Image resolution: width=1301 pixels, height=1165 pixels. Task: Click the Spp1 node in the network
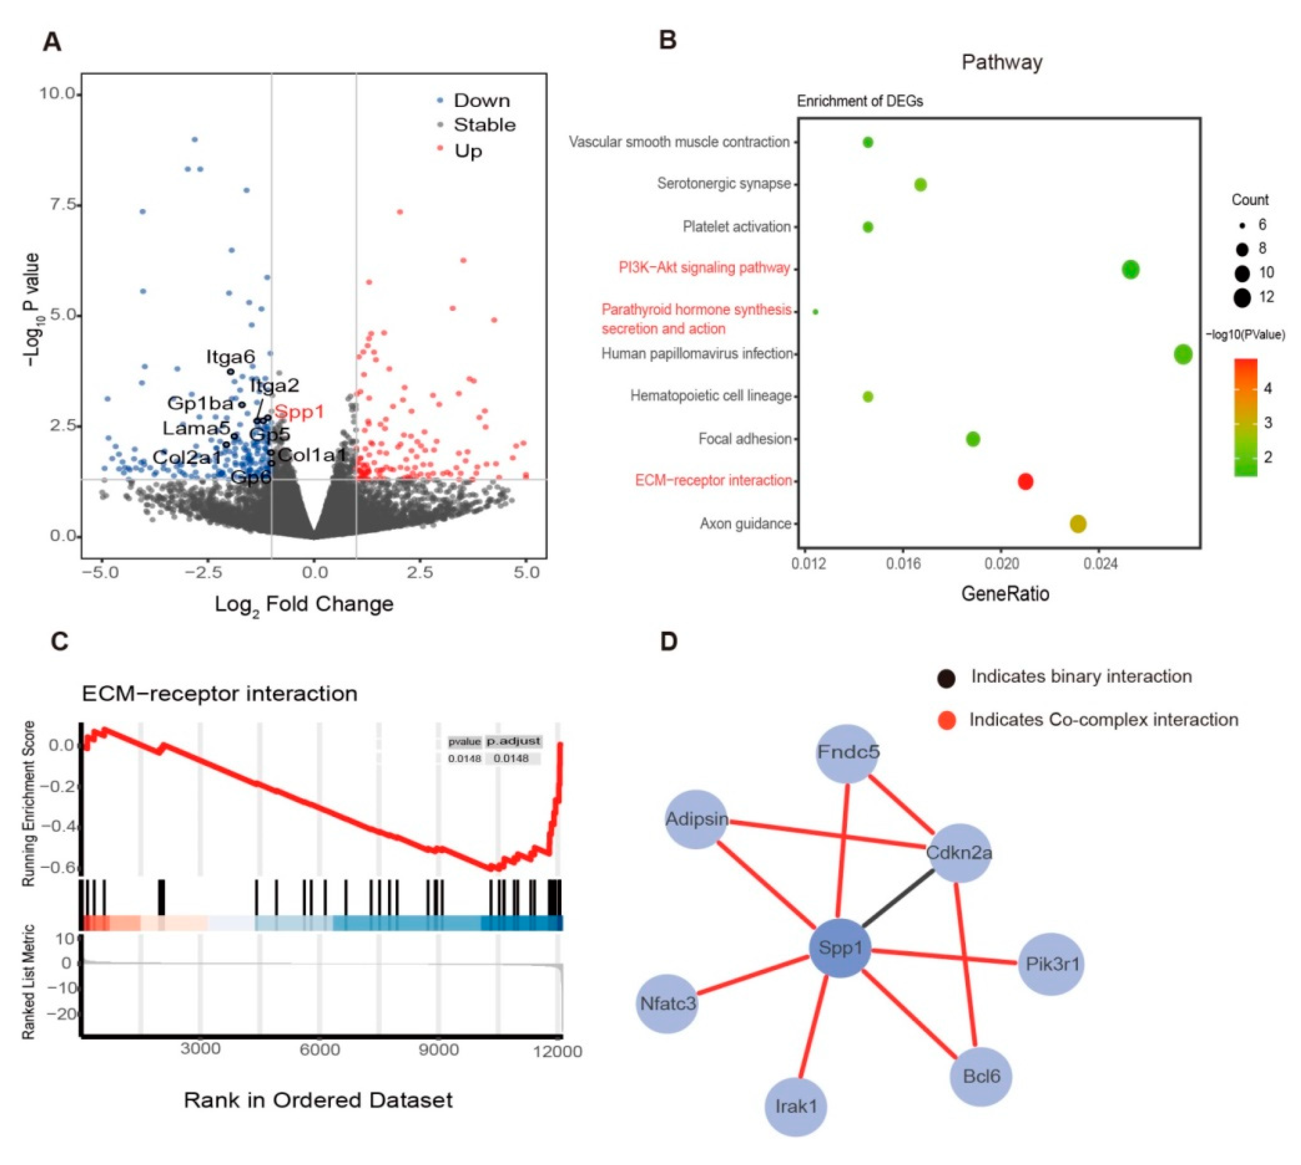point(840,948)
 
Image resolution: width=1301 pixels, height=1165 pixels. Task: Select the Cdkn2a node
point(958,853)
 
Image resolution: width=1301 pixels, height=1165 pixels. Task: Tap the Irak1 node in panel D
point(796,1106)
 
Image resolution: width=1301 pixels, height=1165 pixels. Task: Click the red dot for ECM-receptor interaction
point(1025,481)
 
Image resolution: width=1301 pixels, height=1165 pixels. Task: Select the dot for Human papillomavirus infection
point(1183,354)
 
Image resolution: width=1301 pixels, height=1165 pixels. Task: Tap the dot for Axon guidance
point(1078,523)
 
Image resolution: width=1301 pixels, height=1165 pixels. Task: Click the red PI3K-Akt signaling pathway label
point(704,267)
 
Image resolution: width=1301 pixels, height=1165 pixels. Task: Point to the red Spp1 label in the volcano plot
point(300,412)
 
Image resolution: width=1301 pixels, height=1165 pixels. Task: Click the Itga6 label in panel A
point(230,357)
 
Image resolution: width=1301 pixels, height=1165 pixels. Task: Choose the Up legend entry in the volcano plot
point(468,151)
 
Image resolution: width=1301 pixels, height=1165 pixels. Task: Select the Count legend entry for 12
point(1242,297)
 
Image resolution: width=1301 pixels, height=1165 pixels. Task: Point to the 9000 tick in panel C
point(439,1050)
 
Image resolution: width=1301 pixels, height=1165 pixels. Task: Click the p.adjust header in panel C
point(513,741)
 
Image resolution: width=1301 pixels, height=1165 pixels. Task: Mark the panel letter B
point(668,40)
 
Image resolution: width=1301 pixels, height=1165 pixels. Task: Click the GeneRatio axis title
point(1005,594)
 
